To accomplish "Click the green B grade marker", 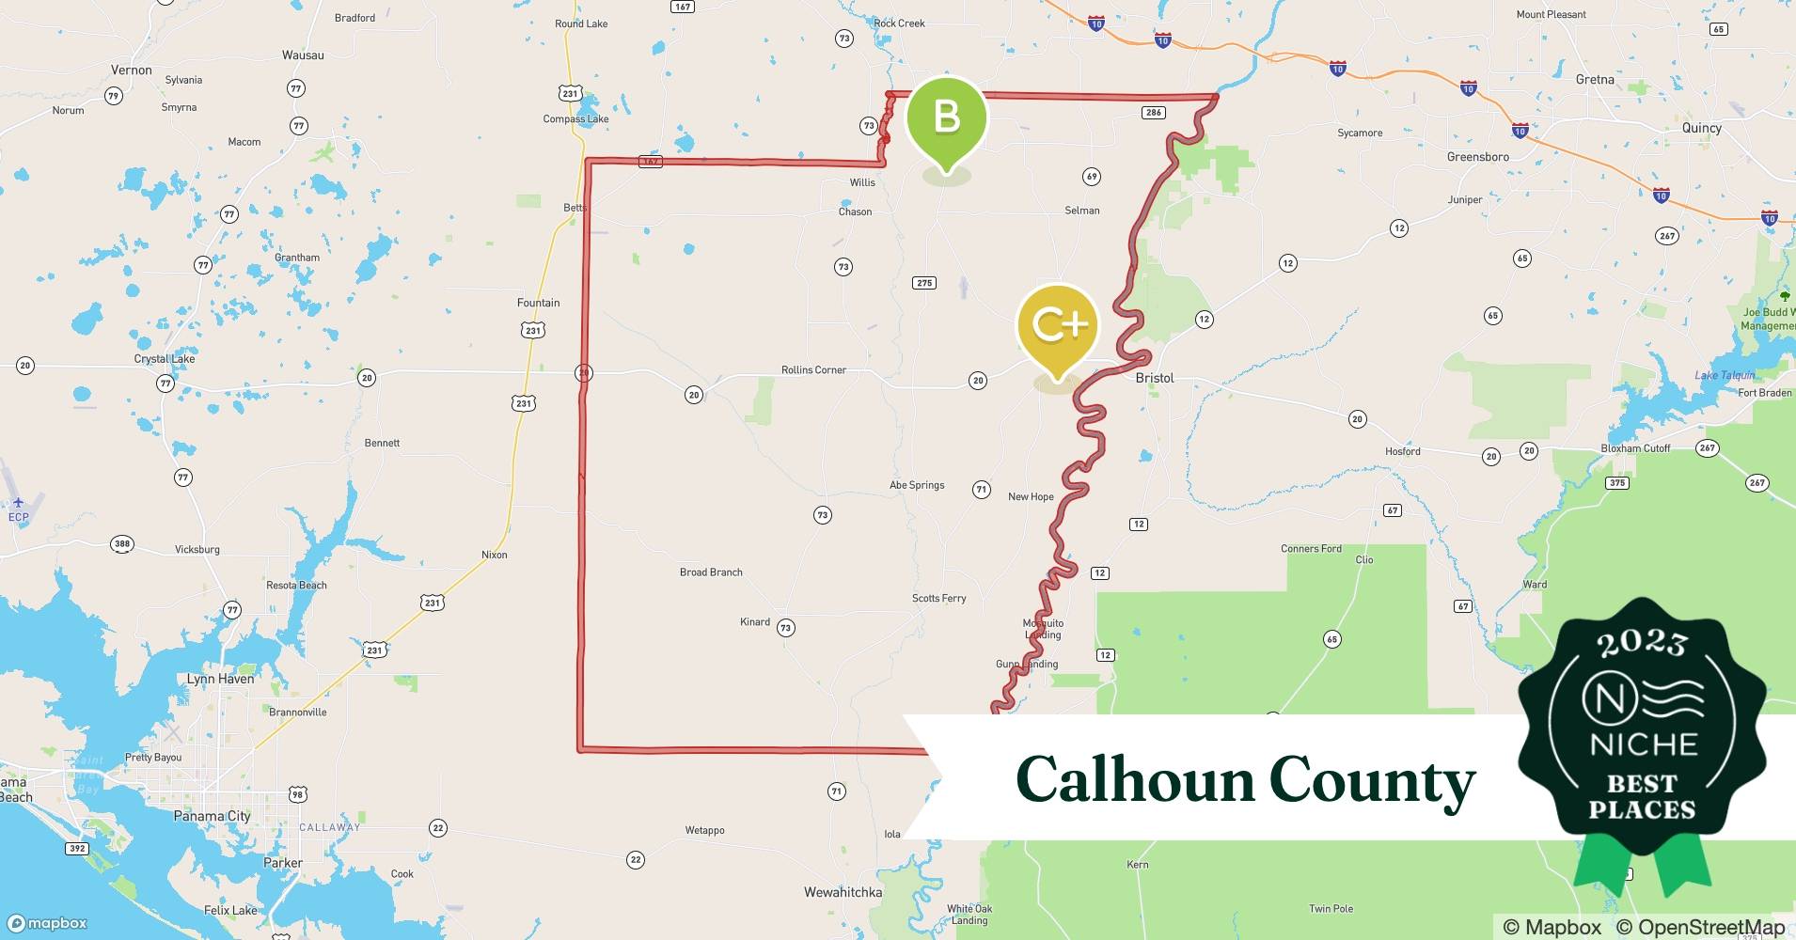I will click(946, 117).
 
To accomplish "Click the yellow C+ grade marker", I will click(1058, 325).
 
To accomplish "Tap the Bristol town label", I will click(1155, 378).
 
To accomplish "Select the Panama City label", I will click(212, 816).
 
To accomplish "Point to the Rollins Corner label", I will click(813, 370).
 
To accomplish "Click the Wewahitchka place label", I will click(843, 892).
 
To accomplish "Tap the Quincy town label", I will click(1702, 128).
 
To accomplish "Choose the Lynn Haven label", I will click(220, 679).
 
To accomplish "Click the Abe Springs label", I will click(917, 485).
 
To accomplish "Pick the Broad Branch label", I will click(711, 572).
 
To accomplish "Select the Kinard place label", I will click(755, 622).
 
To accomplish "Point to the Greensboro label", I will click(1478, 157).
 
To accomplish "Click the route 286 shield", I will click(1154, 113).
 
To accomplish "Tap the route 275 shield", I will click(924, 283).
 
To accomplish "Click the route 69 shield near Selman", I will click(1092, 177).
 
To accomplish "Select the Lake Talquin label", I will click(1725, 376).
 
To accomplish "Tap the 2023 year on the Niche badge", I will click(1642, 643).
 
